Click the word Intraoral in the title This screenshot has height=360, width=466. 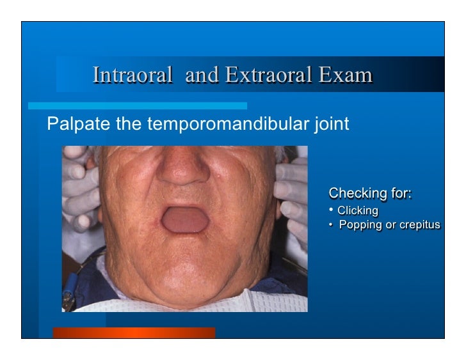point(132,75)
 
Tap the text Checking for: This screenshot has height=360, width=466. point(370,193)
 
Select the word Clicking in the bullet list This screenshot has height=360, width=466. point(358,210)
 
